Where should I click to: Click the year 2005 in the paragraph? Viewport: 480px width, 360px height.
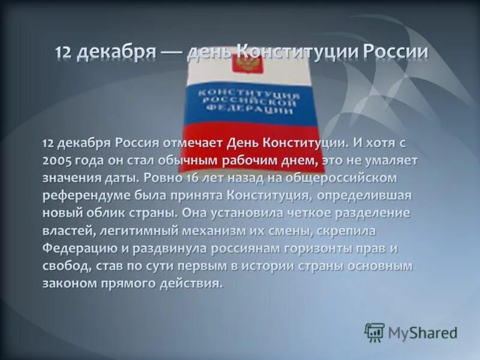(x=56, y=161)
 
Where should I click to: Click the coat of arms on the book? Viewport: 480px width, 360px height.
(x=244, y=62)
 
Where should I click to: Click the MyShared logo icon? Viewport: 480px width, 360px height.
(x=374, y=332)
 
